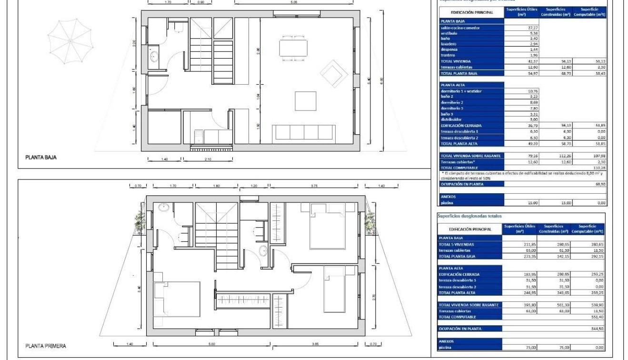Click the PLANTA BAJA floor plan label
40,157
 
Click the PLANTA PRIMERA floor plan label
45,346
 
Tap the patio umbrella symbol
70,40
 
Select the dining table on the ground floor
293,48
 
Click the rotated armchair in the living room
334,74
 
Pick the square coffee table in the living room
305,101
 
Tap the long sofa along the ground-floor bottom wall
304,132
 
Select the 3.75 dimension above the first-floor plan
314,186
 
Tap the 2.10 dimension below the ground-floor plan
208,159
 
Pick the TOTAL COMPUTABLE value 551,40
597,317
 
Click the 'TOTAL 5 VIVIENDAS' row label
457,244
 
